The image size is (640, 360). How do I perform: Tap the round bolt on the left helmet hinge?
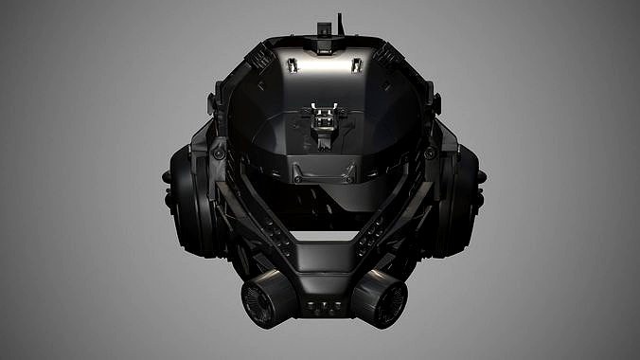[x=219, y=153]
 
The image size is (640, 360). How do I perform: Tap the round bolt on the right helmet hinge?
[x=430, y=153]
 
